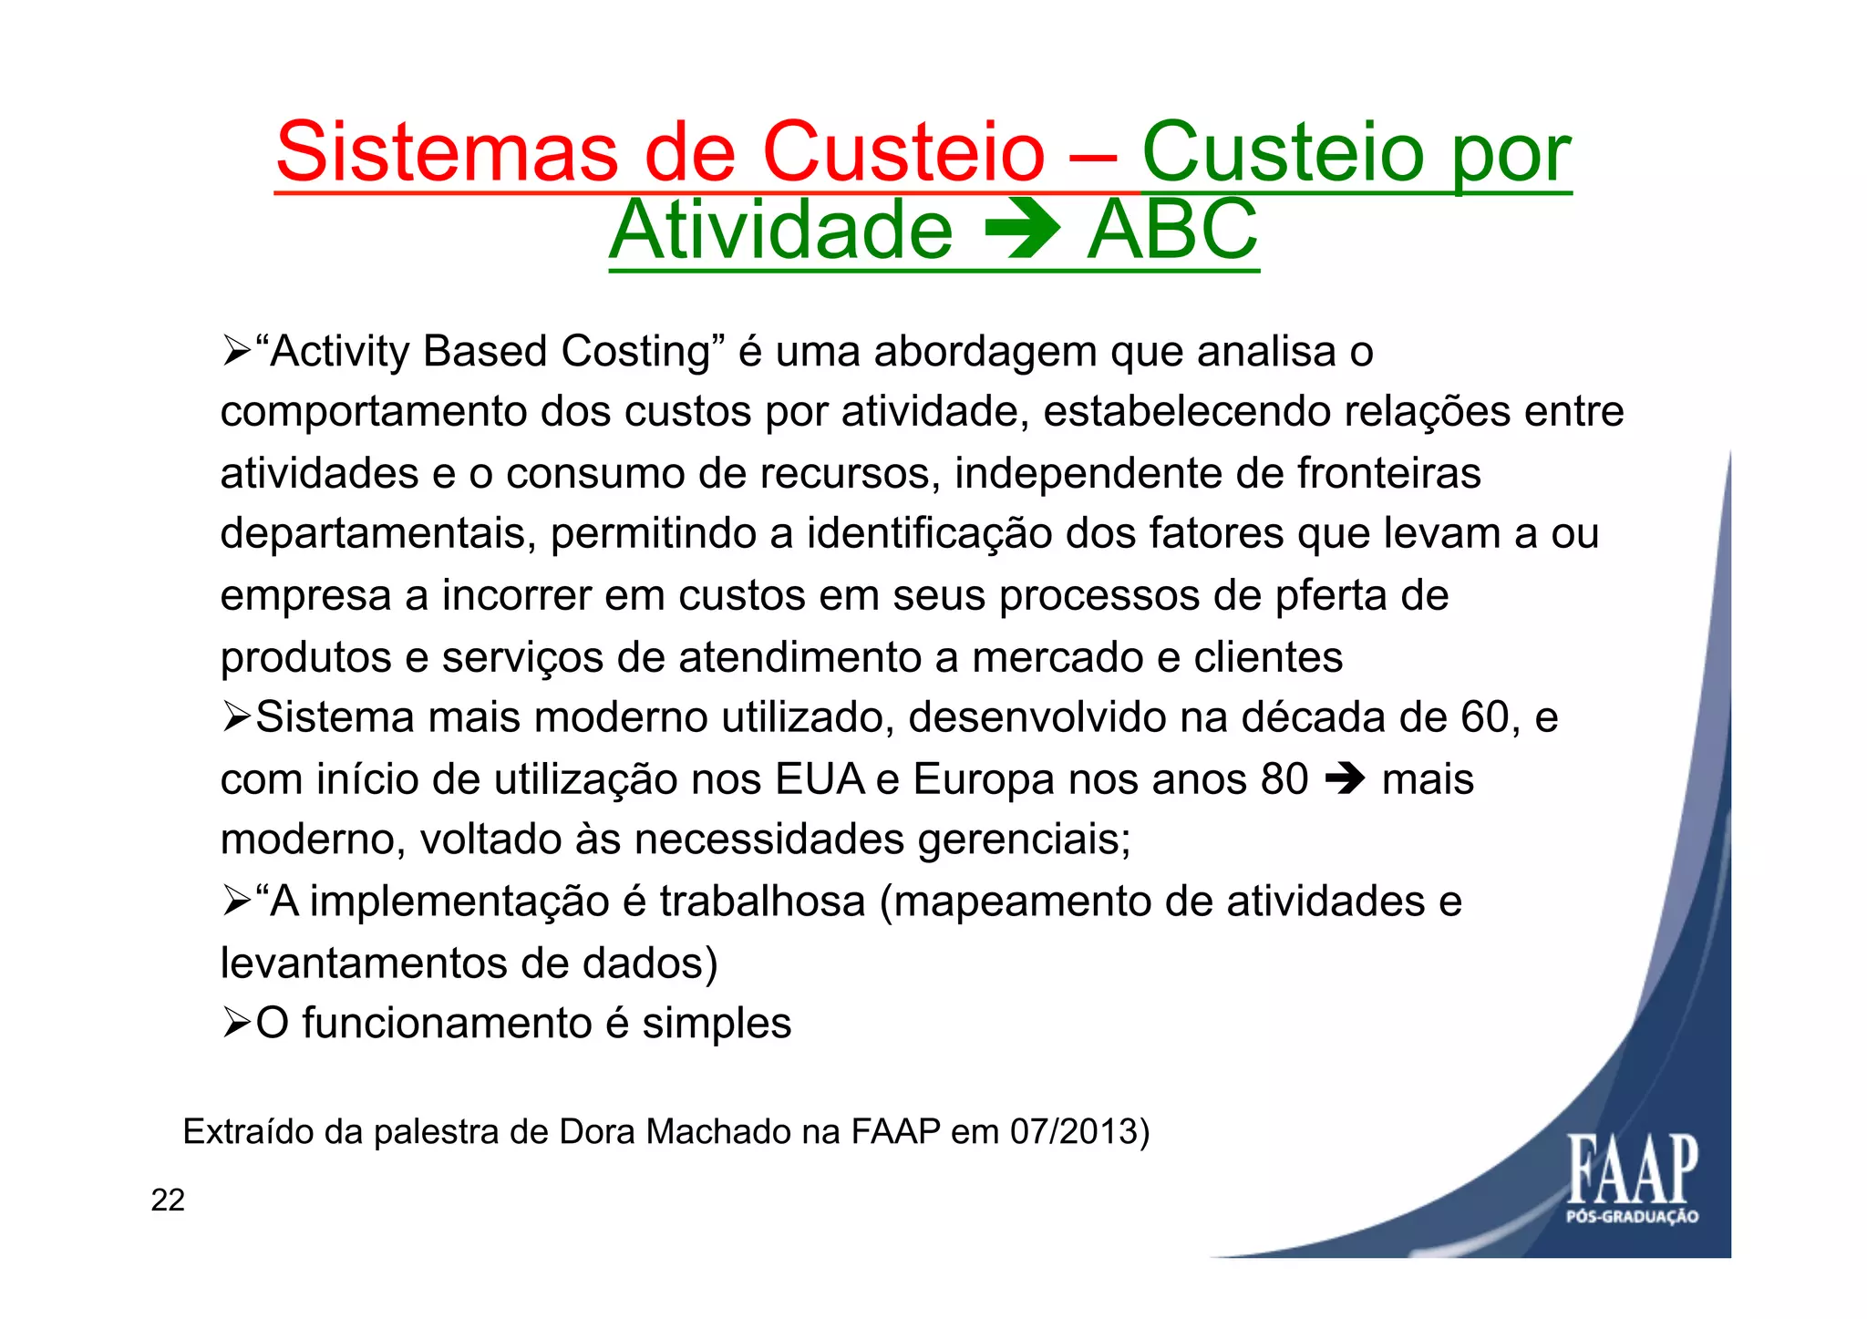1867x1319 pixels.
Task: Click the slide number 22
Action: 168,1200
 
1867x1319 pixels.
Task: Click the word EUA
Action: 819,779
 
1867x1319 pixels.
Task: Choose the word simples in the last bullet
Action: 717,1024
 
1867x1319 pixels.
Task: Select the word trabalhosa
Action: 762,902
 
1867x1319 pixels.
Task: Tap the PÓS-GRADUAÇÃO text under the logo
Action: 1632,1217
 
